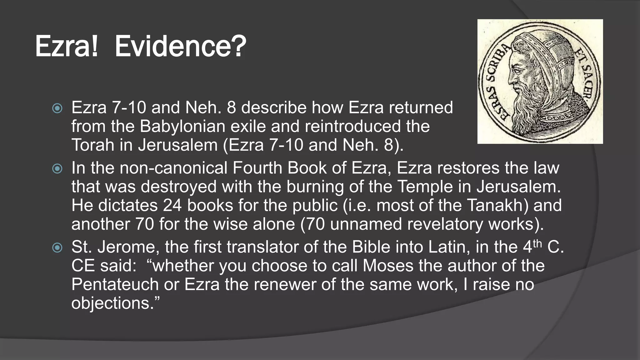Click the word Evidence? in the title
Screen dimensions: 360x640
pyautogui.click(x=180, y=47)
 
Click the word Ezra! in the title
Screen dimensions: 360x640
pyautogui.click(x=66, y=47)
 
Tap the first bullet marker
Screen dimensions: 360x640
pyautogui.click(x=57, y=108)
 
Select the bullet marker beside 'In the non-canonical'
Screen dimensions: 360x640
pyautogui.click(x=57, y=169)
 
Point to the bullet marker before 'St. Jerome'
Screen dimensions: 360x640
pyautogui.click(x=57, y=248)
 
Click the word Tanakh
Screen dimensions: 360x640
pyautogui.click(x=497, y=206)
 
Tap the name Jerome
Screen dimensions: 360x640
pyautogui.click(x=126, y=247)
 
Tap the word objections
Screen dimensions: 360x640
pyautogui.click(x=112, y=303)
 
